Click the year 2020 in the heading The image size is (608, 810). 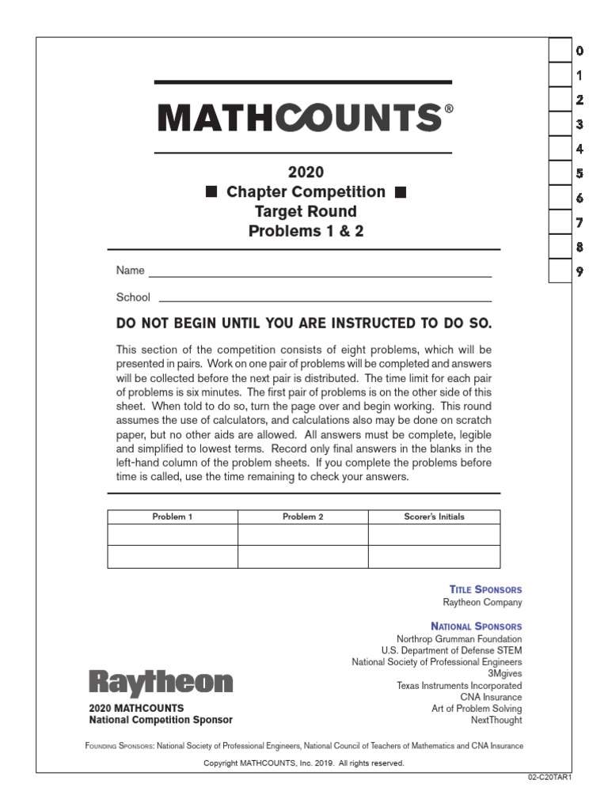click(306, 172)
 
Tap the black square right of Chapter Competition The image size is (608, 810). click(400, 192)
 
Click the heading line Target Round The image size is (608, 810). click(306, 212)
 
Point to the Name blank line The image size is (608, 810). click(320, 275)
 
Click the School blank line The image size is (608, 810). click(325, 301)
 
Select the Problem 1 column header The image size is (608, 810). click(173, 517)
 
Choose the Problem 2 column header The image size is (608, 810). click(303, 517)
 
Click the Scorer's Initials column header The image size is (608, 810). click(434, 517)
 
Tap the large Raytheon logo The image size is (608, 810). click(161, 683)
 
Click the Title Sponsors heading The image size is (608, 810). click(485, 590)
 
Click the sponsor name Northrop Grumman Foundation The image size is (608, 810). click(459, 639)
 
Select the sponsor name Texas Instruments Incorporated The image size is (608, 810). click(459, 686)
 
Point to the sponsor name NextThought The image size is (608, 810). click(496, 721)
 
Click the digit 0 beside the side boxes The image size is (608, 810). click(580, 51)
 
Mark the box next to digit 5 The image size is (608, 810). click(560, 173)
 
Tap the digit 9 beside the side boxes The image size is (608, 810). click(580, 271)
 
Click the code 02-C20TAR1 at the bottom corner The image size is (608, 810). click(549, 778)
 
